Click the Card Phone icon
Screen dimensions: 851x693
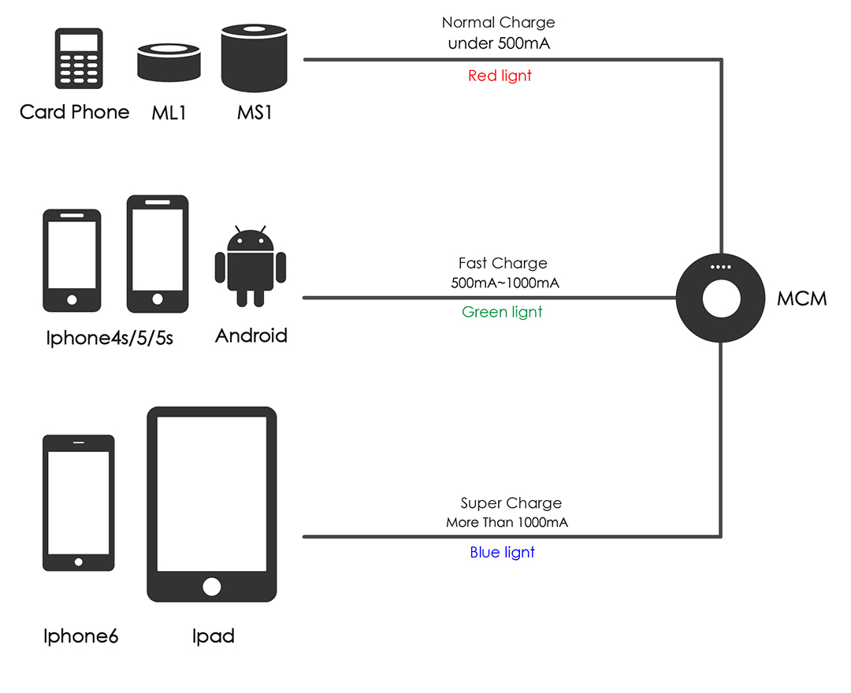[79, 58]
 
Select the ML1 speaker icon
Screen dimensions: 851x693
[169, 63]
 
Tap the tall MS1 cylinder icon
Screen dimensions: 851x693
[254, 57]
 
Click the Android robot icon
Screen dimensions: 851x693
[251, 266]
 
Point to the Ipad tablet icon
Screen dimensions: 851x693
[212, 504]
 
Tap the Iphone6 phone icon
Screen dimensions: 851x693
[79, 502]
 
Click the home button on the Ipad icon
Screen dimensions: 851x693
[212, 586]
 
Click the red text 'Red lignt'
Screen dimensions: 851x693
[500, 76]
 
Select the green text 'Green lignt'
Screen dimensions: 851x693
[502, 312]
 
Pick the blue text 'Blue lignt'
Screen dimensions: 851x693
[502, 552]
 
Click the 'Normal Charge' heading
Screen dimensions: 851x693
[498, 22]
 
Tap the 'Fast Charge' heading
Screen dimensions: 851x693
[503, 263]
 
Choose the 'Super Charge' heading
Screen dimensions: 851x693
[511, 503]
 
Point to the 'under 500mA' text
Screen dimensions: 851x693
[500, 43]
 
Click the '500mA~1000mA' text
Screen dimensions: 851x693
[505, 283]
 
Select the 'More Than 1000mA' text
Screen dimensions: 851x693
[507, 523]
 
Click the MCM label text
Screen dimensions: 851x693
[801, 298]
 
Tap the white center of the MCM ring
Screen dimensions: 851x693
[721, 298]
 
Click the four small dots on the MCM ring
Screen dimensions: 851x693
[721, 267]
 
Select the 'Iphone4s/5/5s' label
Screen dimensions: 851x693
[110, 338]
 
